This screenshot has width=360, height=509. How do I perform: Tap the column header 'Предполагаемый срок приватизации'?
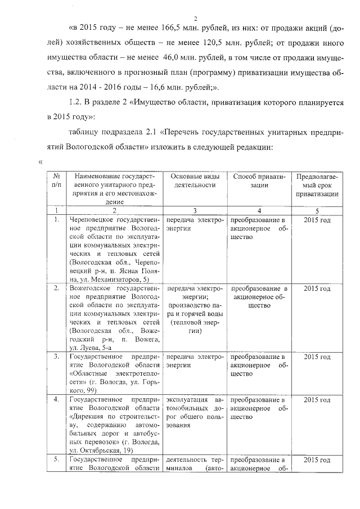[317, 185]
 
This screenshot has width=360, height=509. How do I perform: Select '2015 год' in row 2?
[317, 289]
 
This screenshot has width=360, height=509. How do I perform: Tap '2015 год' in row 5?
[317, 460]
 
